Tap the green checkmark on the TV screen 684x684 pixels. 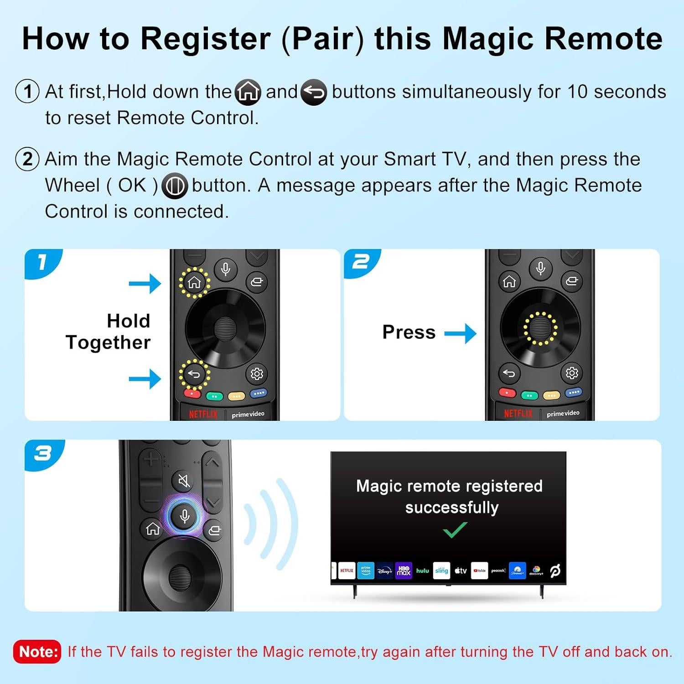[x=455, y=530]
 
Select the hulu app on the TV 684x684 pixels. [x=422, y=570]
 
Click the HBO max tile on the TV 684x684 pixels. [x=404, y=570]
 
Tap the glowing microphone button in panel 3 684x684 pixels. [x=185, y=516]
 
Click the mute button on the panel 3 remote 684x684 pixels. [x=184, y=481]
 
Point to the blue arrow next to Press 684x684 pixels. [x=460, y=333]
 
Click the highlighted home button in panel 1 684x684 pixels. [x=194, y=283]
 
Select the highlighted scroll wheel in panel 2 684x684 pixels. [x=540, y=328]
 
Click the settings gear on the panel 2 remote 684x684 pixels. [x=572, y=373]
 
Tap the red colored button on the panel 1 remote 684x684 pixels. [x=192, y=393]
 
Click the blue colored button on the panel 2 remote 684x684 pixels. [x=574, y=392]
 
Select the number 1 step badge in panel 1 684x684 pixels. [x=42, y=262]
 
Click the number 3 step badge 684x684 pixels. [x=43, y=453]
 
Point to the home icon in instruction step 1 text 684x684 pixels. [x=248, y=93]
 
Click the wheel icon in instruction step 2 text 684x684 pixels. [x=175, y=186]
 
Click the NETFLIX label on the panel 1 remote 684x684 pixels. [x=203, y=414]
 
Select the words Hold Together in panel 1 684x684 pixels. [x=109, y=332]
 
